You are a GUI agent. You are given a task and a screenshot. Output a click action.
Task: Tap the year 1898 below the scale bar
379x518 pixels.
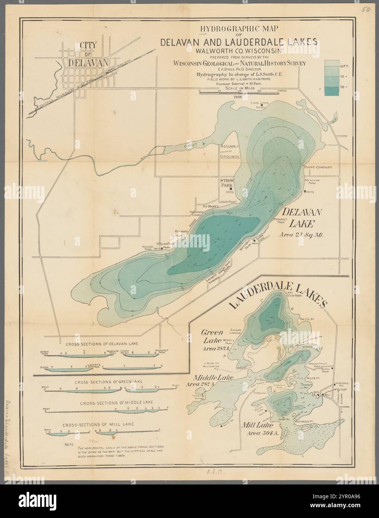tap(239, 97)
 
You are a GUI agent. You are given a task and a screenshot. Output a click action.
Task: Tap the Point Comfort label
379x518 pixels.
tap(318, 167)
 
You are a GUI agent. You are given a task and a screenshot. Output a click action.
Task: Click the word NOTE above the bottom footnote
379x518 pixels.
tap(69, 445)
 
